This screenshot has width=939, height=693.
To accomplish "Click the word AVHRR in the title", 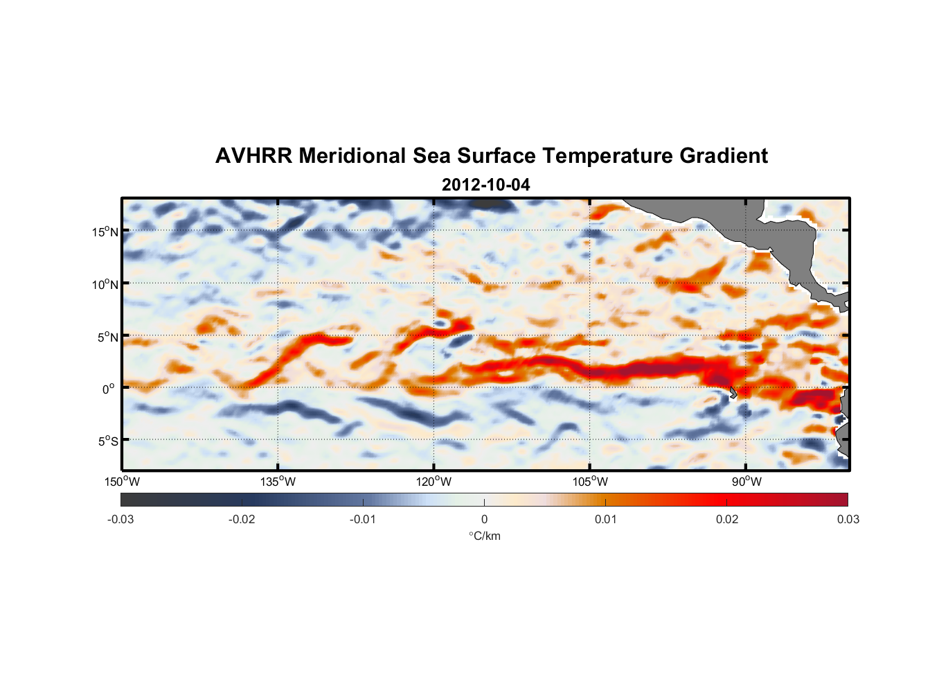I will (x=253, y=156).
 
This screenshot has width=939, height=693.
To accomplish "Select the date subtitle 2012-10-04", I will (x=485, y=185).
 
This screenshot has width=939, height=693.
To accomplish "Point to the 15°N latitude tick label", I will (x=105, y=231).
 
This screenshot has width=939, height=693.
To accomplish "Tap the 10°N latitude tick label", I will (x=105, y=284).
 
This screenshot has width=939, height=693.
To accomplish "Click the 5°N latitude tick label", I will (x=107, y=337).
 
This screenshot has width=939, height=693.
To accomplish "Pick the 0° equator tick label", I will (x=109, y=389).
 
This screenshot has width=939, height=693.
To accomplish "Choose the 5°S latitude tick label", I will (x=107, y=441).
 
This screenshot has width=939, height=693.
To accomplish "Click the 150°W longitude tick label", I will (x=122, y=482).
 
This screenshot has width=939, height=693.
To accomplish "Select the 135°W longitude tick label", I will (x=278, y=482).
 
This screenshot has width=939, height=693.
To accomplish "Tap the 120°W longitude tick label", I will (x=433, y=482).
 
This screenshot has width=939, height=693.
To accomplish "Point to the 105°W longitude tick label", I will (x=590, y=482).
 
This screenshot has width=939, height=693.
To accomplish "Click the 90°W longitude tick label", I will (x=746, y=482).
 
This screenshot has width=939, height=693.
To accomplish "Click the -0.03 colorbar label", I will (x=120, y=519).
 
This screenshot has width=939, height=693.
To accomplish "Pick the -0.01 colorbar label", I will (x=363, y=519).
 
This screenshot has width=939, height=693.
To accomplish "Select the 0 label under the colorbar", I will (x=484, y=519).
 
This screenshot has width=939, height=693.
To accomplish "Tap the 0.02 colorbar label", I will (x=727, y=519).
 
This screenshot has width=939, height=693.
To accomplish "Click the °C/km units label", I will (x=484, y=536).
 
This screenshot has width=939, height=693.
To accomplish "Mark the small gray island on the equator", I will (x=733, y=393).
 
